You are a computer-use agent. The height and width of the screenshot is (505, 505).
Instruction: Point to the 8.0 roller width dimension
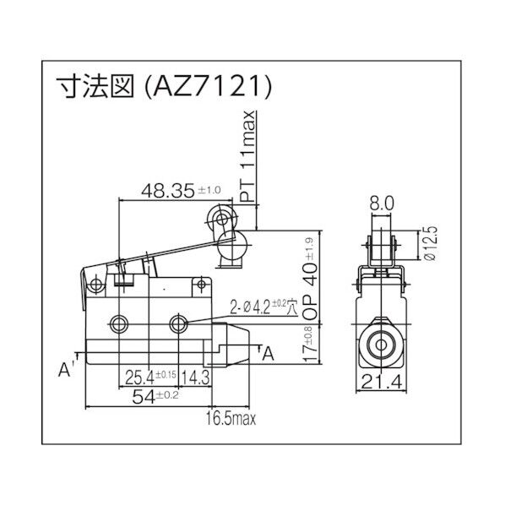click(x=380, y=203)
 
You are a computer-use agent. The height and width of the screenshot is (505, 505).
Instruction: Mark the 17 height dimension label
click(x=310, y=346)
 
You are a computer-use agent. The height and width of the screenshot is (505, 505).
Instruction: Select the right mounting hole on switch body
click(x=179, y=324)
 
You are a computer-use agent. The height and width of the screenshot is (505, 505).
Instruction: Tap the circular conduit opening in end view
click(x=382, y=345)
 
